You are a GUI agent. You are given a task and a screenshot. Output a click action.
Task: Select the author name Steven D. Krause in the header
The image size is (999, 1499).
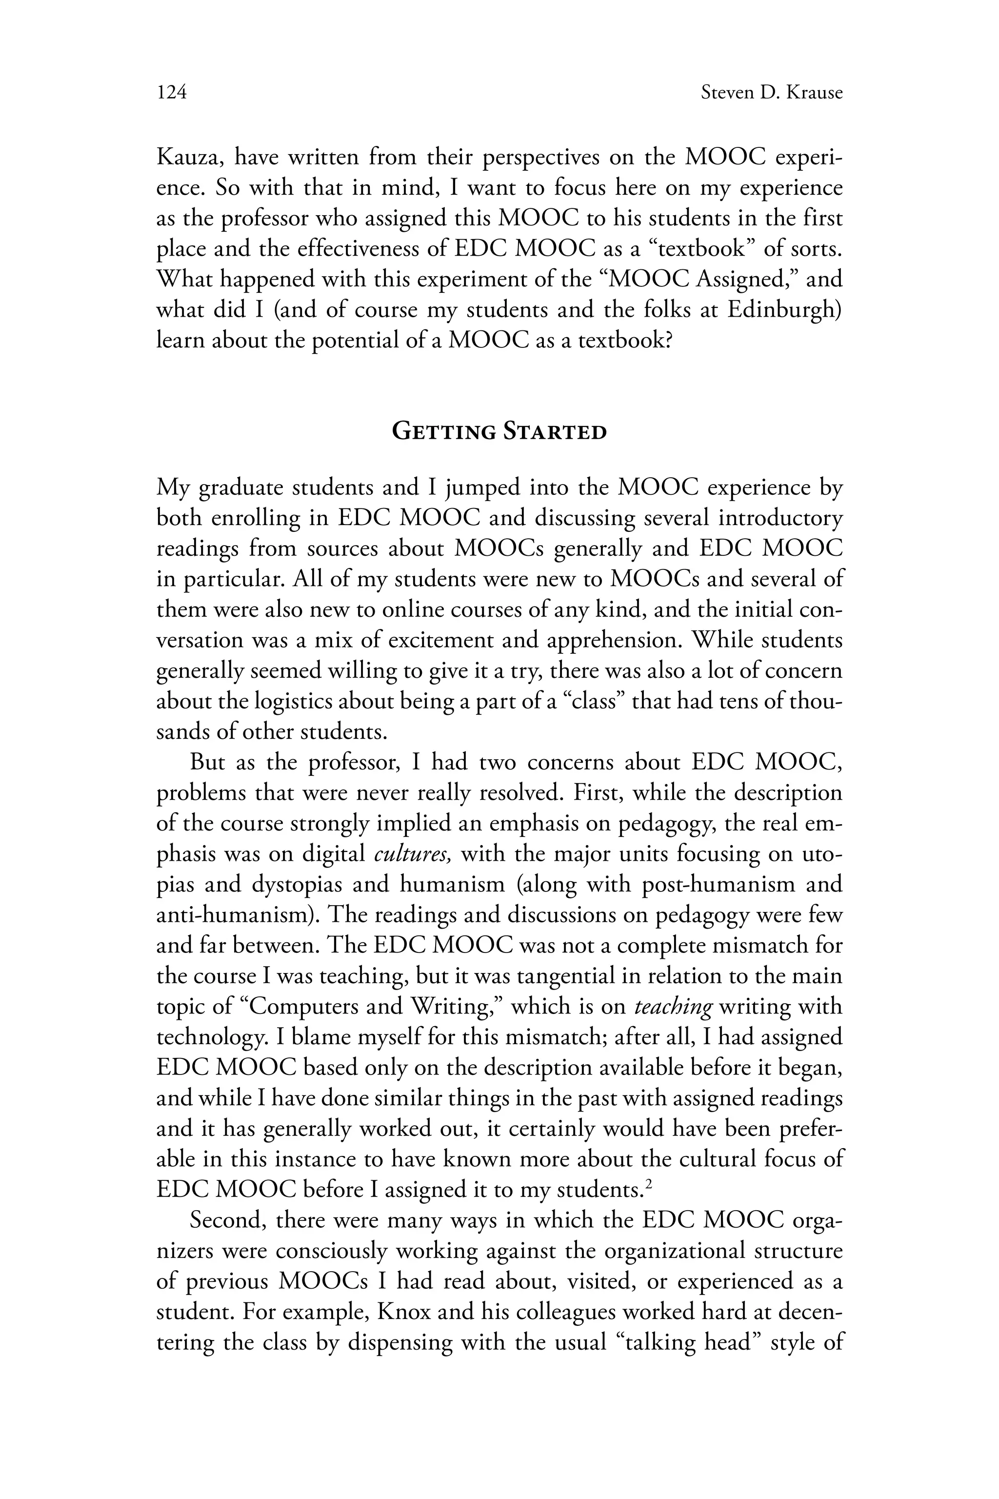pos(772,93)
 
